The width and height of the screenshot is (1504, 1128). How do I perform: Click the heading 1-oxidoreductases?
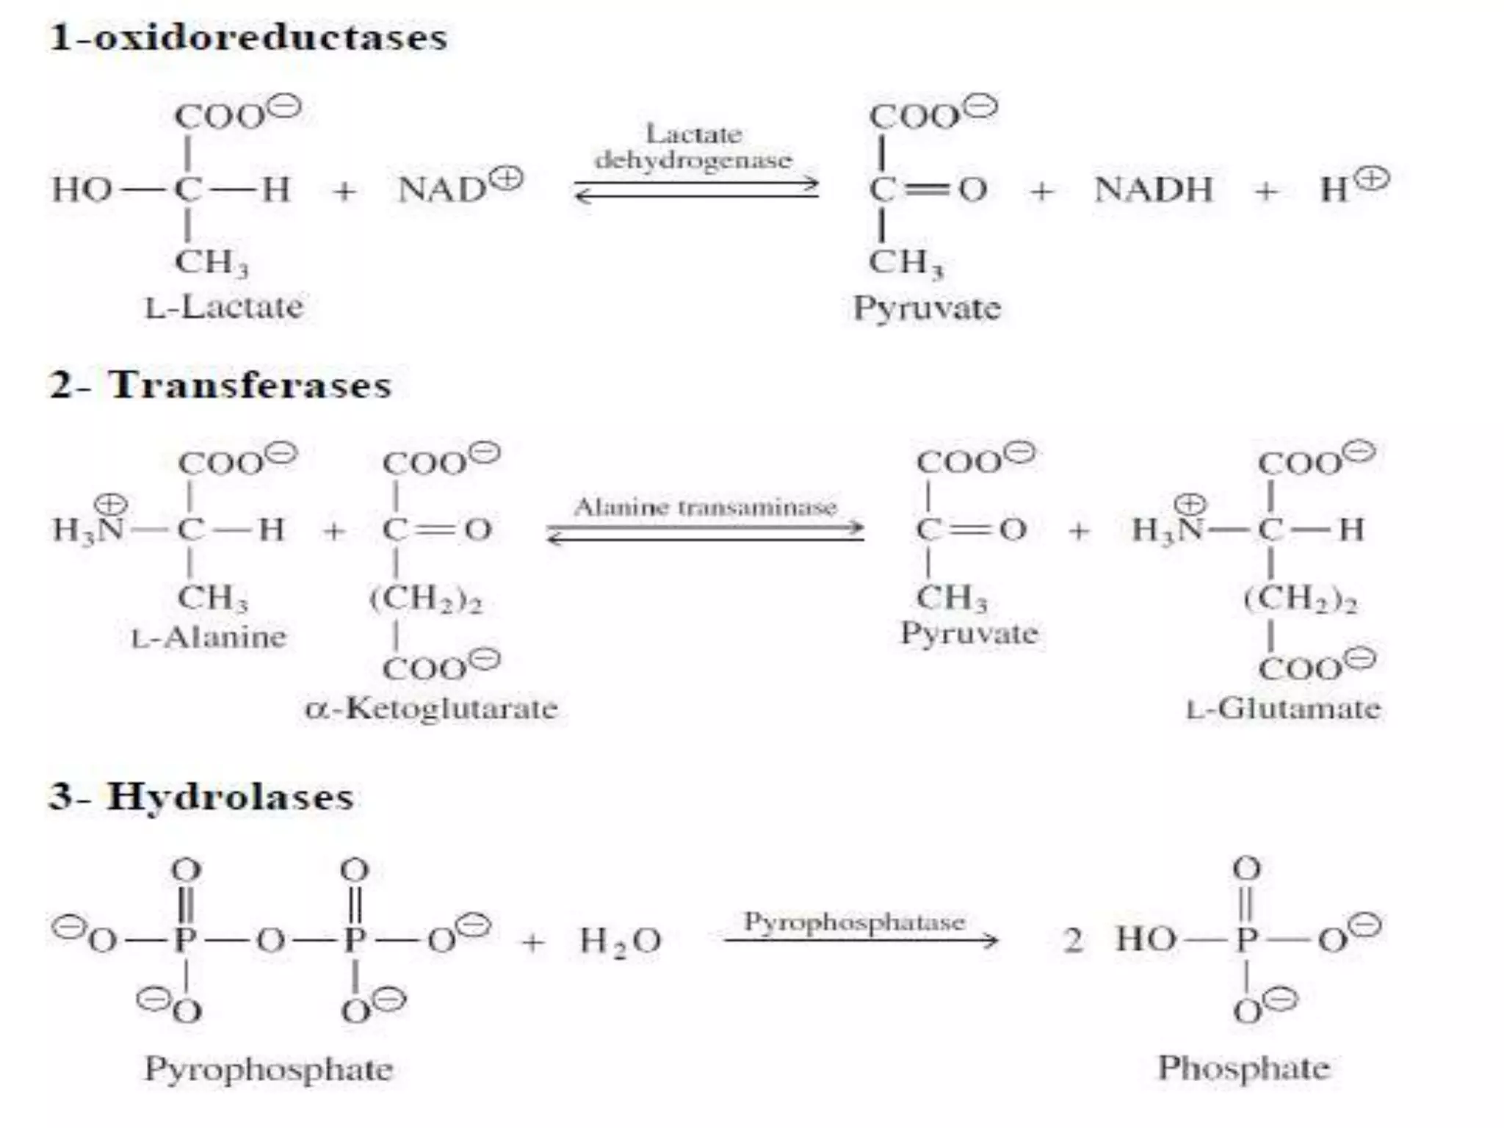tap(248, 37)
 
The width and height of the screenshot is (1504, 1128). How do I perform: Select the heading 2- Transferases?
tap(220, 385)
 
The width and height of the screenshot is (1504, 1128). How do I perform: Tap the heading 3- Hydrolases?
tap(201, 797)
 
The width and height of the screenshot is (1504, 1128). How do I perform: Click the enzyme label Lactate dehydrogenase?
tap(694, 147)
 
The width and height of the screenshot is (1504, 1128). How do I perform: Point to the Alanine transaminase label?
tap(705, 507)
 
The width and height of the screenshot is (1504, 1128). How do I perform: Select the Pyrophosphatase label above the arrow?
tap(854, 922)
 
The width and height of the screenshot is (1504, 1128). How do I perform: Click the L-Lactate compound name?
tap(224, 307)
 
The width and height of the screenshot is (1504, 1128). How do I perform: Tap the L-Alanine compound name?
tap(209, 637)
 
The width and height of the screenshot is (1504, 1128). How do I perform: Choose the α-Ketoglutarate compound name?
tap(431, 709)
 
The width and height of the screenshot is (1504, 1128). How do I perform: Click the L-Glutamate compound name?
tap(1283, 709)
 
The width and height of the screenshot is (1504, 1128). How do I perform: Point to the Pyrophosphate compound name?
tap(268, 1069)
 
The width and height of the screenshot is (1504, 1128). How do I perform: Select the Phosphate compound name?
tap(1243, 1068)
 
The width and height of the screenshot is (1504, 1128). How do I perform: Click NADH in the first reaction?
tap(1153, 189)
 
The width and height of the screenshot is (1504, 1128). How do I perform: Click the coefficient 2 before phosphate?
tap(1072, 940)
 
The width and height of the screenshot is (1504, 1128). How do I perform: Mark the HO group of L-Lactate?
tap(81, 189)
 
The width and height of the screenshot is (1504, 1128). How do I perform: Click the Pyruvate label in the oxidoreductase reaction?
tap(927, 308)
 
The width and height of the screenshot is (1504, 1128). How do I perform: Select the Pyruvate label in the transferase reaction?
tap(969, 633)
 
